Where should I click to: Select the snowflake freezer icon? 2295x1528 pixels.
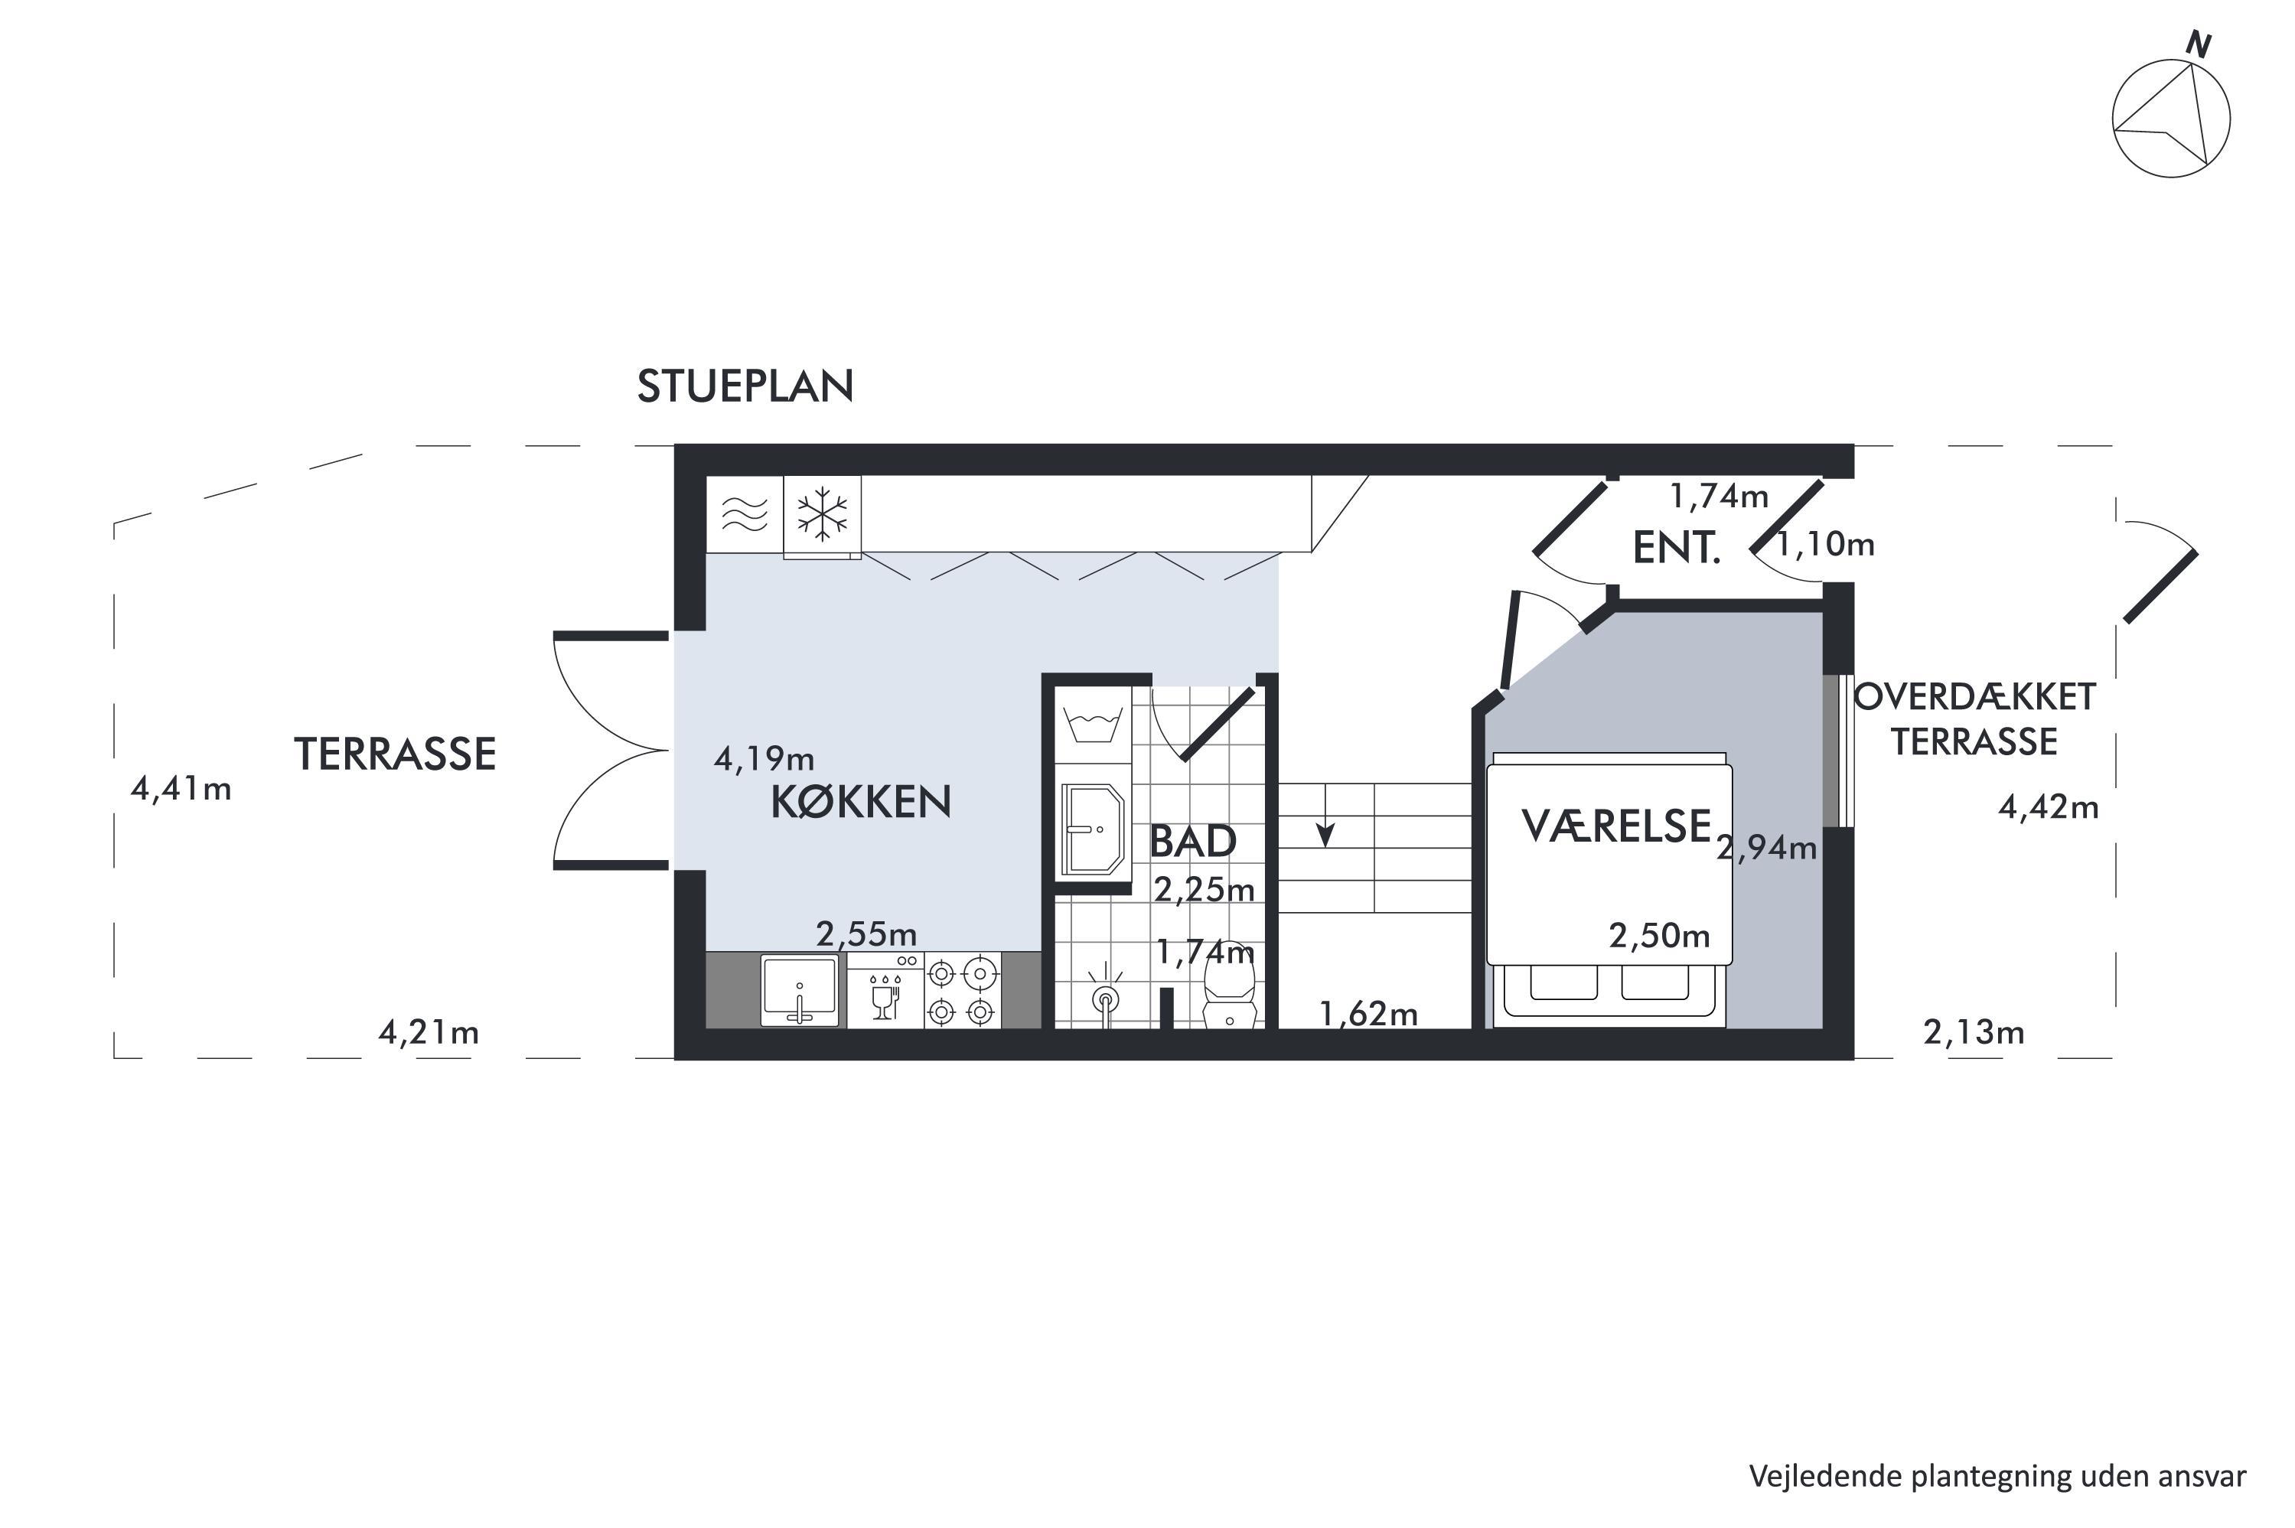click(823, 513)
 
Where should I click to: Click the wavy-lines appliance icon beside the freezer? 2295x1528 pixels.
click(745, 513)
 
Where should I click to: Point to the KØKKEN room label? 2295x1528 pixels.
click(860, 802)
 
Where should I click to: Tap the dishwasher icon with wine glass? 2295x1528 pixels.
click(885, 990)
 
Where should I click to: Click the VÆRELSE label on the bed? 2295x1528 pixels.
click(1615, 826)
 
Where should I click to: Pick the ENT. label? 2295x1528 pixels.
click(1676, 549)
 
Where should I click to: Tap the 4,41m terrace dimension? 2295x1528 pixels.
click(181, 788)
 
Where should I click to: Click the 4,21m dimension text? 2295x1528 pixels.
click(429, 1032)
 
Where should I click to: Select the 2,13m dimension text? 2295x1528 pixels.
click(1974, 1032)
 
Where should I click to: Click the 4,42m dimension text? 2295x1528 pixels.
click(2049, 807)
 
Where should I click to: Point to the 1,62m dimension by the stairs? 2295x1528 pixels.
click(1368, 1015)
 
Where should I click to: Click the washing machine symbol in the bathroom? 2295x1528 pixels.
click(1093, 726)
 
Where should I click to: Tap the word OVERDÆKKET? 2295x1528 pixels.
click(1974, 697)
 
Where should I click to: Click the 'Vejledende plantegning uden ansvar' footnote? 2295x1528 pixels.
click(1998, 1476)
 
